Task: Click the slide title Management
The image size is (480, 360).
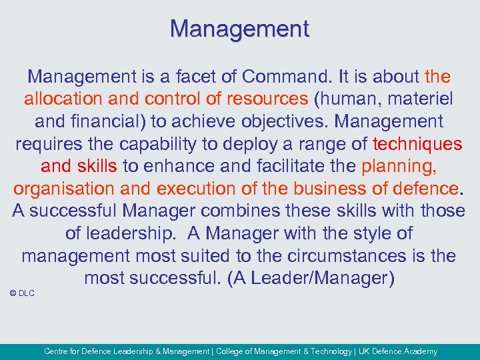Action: tap(239, 29)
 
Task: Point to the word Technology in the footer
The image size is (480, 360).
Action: tap(327, 351)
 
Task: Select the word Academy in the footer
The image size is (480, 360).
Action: tap(420, 351)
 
